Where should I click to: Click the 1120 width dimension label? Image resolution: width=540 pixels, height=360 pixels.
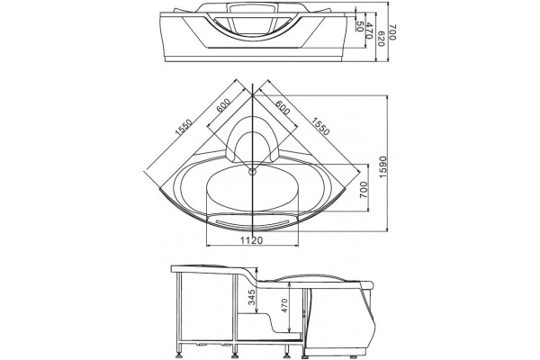[x=251, y=240]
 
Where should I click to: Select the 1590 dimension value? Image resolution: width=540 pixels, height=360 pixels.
[x=383, y=167]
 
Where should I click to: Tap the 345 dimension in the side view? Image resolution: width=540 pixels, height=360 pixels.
[x=252, y=297]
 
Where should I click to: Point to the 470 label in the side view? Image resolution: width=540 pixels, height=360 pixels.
[x=284, y=305]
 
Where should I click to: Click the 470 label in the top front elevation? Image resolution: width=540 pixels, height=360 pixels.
[x=370, y=31]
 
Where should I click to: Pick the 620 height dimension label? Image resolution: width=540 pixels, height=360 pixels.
[x=381, y=38]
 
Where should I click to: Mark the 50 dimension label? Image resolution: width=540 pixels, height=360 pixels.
[x=360, y=26]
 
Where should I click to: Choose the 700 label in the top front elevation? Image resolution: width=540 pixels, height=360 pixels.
[x=393, y=32]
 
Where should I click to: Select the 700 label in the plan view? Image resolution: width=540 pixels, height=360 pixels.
[x=364, y=190]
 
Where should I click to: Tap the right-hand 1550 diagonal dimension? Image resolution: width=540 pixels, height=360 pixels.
[x=321, y=126]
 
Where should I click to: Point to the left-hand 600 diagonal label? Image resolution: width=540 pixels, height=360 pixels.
[x=223, y=105]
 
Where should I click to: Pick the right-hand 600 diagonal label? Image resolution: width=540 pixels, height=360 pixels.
[x=283, y=107]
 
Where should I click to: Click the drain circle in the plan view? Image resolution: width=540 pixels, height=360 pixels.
[x=253, y=171]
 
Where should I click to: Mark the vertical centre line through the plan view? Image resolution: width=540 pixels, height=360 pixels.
[x=253, y=159]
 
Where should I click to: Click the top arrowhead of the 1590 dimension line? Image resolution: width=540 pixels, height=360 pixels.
[x=387, y=97]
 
